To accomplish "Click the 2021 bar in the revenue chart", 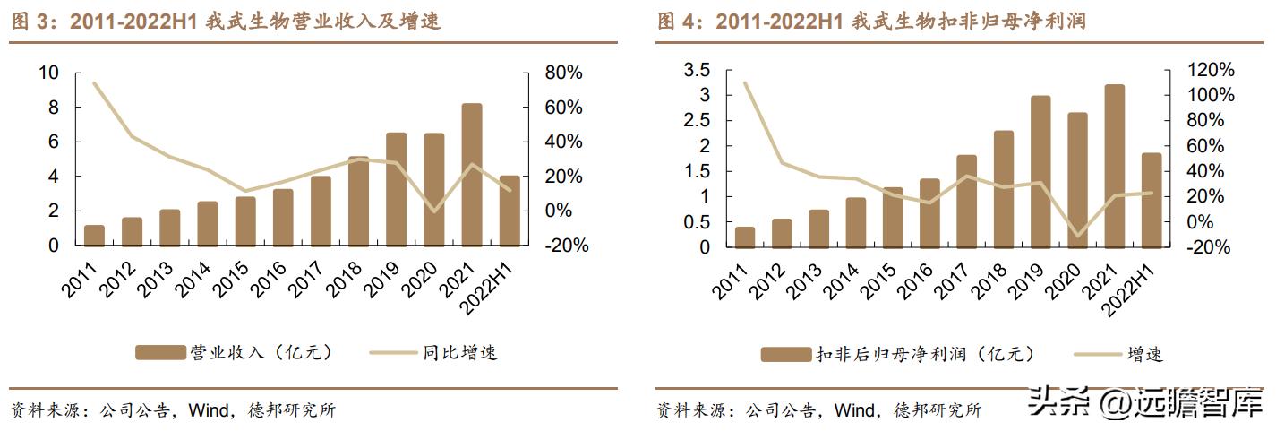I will coord(472,175).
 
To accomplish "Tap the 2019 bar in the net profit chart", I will coord(1040,171).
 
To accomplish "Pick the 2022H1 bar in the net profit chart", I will coord(1152,200).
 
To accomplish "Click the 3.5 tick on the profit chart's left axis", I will coord(697,70).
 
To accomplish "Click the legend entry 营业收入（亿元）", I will coord(236,352).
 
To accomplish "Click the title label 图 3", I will coord(33,22).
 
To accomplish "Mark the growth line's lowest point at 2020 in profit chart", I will coord(1077,237).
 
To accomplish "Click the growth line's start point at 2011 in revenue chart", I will coord(94,82).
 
